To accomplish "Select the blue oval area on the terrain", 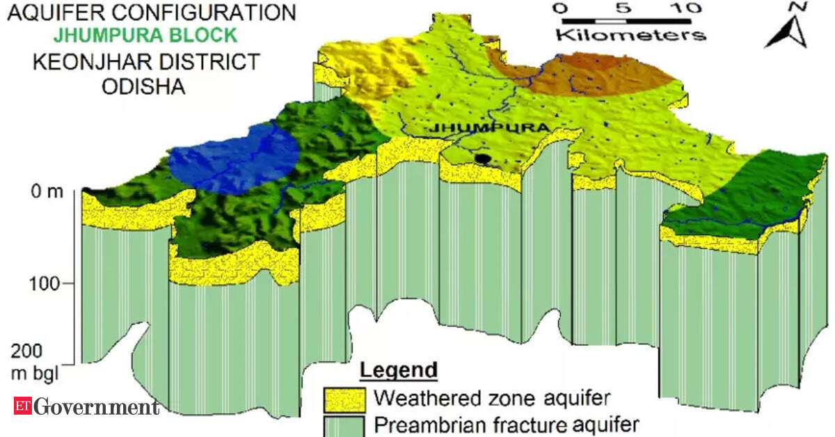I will tap(234, 159).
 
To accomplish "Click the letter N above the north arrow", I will tap(800, 8).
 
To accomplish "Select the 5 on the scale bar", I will tap(622, 9).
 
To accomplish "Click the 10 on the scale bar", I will tap(686, 9).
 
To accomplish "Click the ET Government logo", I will tap(84, 406).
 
